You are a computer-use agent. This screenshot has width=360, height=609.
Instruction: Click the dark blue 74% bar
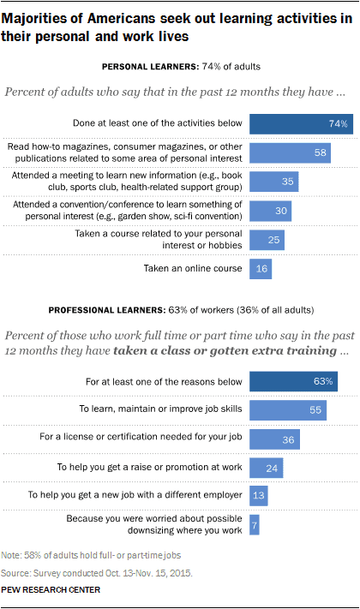click(299, 124)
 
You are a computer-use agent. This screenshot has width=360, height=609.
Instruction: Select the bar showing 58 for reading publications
click(289, 153)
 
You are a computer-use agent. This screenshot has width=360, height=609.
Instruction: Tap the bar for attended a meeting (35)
click(273, 182)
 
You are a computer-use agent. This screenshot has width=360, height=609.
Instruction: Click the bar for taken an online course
click(261, 269)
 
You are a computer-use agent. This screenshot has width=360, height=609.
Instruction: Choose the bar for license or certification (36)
click(273, 439)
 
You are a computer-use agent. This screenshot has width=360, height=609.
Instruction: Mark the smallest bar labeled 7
click(254, 524)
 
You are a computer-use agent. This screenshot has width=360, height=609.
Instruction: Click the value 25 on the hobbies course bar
click(273, 240)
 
